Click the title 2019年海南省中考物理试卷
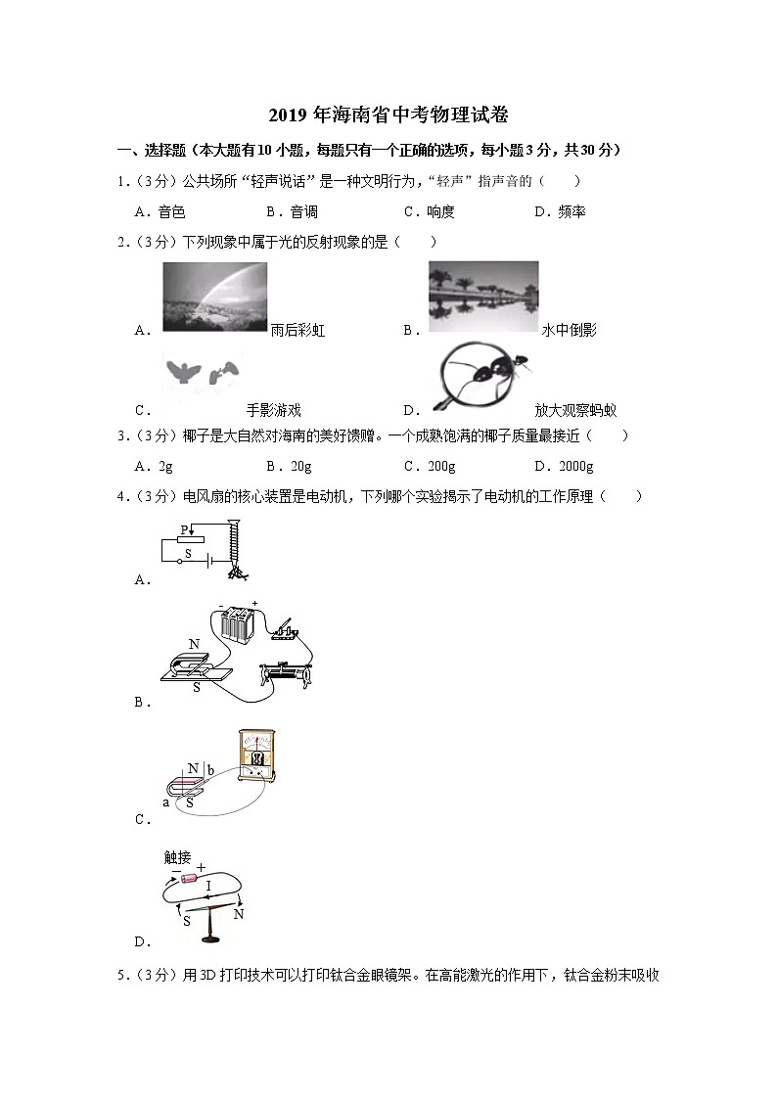click(x=388, y=115)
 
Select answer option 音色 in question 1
click(x=171, y=211)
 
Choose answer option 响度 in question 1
click(x=441, y=211)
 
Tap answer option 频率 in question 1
click(x=571, y=211)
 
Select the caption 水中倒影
click(x=570, y=330)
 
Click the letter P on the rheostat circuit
click(x=183, y=529)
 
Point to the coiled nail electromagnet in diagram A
click(x=234, y=548)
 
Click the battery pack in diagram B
click(x=238, y=622)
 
